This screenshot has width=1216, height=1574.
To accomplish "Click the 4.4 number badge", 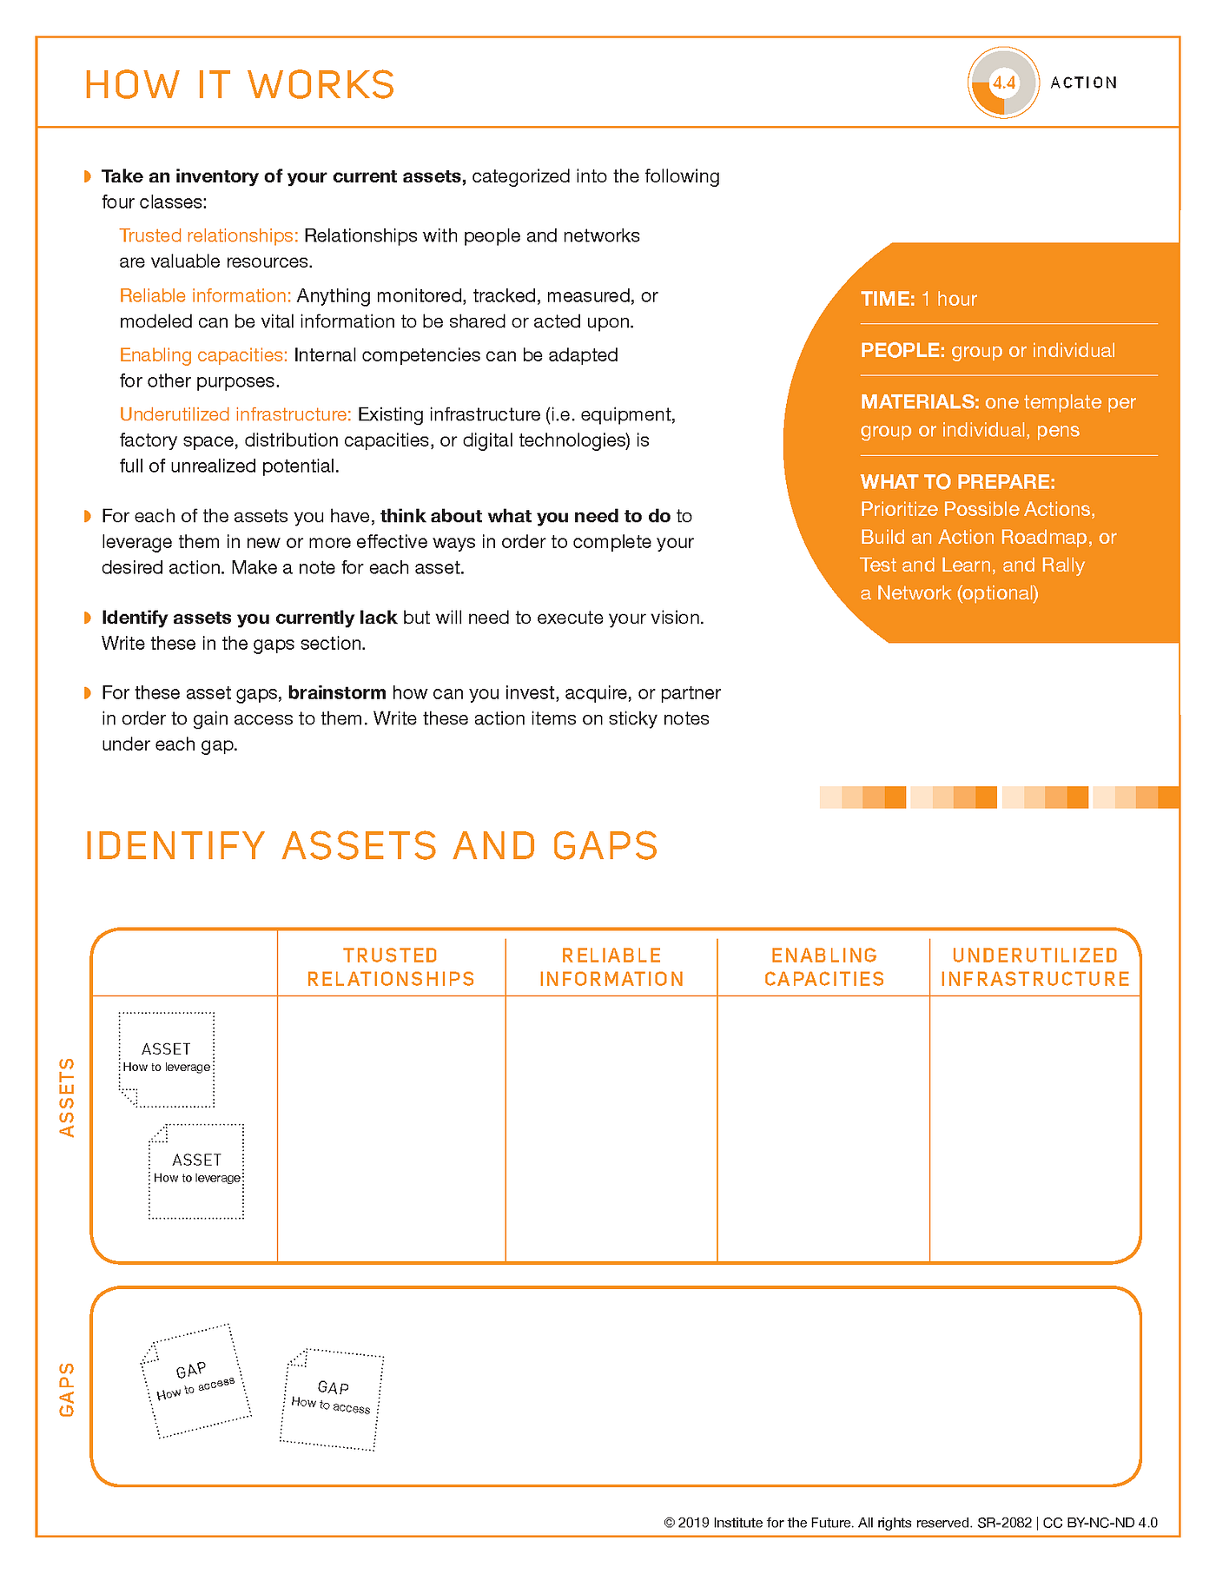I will click(x=1004, y=83).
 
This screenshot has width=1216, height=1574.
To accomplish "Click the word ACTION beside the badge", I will click(x=1083, y=83).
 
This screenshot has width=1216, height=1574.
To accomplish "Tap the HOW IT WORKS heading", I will click(x=240, y=85).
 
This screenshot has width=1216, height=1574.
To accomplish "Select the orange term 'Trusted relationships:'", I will click(x=208, y=235).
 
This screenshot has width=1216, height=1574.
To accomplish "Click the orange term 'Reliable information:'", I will click(x=205, y=295).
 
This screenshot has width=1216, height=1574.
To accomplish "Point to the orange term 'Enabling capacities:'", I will click(x=203, y=354).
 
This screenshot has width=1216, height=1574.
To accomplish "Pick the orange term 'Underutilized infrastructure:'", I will click(x=235, y=414).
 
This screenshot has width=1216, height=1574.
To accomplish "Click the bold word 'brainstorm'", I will click(x=337, y=692).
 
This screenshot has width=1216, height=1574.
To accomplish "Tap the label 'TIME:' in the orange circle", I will click(x=887, y=299).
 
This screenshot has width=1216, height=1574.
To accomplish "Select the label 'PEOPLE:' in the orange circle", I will click(x=902, y=350).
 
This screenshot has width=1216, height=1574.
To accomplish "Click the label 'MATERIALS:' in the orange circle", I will click(x=920, y=401).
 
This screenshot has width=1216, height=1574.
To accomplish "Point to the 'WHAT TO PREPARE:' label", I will click(x=957, y=481).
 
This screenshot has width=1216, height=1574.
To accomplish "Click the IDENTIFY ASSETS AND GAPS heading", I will click(x=372, y=846).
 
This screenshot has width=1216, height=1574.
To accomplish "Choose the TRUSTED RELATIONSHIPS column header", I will click(x=391, y=967).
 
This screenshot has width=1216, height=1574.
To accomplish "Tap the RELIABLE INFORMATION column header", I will click(x=611, y=967).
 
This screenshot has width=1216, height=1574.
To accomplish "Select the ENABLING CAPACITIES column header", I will click(x=824, y=967).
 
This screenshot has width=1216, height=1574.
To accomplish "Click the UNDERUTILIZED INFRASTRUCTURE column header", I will click(x=1035, y=967).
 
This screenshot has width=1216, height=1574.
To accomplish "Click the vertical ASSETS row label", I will click(x=67, y=1097).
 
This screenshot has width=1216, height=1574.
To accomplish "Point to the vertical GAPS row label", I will click(x=67, y=1389).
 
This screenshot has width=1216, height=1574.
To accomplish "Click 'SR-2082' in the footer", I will click(x=1004, y=1523).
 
